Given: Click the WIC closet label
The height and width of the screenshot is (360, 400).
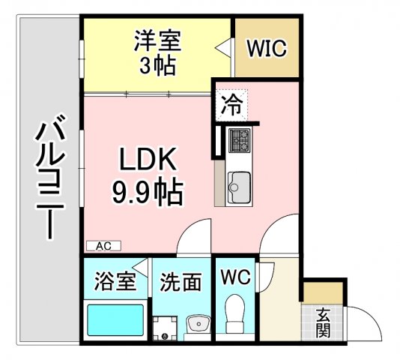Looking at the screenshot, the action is (267, 48).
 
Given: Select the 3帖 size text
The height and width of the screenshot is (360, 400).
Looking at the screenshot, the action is (157, 65).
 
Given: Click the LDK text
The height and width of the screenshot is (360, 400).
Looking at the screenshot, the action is (148, 159).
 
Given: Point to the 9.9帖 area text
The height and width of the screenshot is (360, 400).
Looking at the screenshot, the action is (148, 192).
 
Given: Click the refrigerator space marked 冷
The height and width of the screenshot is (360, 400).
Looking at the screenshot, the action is (231, 105).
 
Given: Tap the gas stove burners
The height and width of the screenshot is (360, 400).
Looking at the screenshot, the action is (239, 140).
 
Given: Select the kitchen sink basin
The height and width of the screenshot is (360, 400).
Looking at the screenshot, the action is (239, 187).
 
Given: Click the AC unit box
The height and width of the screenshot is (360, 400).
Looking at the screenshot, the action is (103, 246).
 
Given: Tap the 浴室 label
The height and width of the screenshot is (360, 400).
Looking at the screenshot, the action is (115, 281).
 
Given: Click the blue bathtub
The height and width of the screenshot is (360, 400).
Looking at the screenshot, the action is (115, 320).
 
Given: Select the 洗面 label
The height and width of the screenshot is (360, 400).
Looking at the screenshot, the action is (181, 282).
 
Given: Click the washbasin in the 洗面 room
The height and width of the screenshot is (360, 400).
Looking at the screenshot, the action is (199, 324).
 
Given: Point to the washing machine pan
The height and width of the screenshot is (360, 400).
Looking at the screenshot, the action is (165, 328).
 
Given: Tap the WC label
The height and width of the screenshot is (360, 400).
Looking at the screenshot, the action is (235, 277).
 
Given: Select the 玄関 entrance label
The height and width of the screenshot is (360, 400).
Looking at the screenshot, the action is (323, 322).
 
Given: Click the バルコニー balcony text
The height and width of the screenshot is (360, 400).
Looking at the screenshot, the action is (50, 177).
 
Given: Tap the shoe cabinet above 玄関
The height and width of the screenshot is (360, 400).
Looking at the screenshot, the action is (323, 292).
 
